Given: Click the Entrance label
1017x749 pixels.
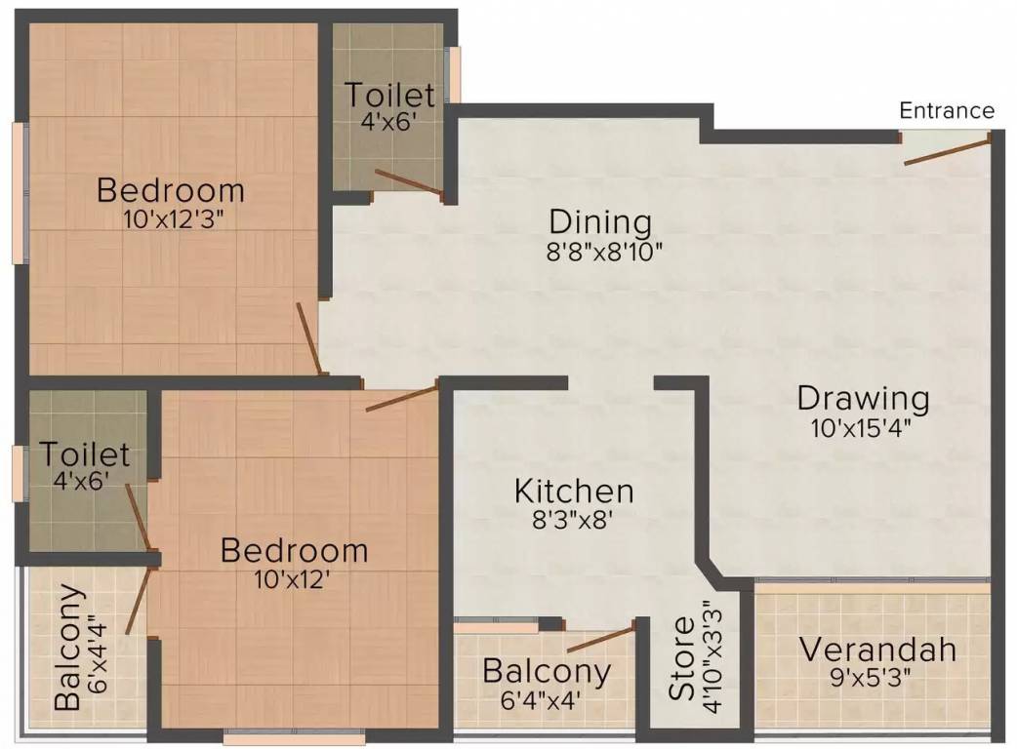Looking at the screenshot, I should [947, 110].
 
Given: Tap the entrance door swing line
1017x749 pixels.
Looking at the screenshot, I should [946, 151].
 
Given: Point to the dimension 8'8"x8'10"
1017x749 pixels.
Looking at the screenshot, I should [605, 252].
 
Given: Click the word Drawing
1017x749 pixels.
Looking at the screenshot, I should [863, 398].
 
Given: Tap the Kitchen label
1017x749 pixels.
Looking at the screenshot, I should [574, 491].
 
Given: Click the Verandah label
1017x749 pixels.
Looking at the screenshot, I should [876, 650].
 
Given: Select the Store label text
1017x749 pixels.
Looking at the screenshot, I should [681, 659].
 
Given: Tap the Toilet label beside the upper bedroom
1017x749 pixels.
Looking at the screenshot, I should [389, 96].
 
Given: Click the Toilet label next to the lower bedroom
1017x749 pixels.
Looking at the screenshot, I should [84, 454].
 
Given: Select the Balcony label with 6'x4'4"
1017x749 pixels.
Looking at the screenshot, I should [68, 647].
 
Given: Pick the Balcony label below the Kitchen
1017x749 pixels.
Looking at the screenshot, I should [547, 671].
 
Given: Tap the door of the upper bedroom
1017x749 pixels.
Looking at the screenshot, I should [309, 337].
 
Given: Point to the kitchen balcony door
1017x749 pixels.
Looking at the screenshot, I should [600, 639].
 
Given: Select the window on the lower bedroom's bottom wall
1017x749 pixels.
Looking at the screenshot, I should [293, 738].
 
